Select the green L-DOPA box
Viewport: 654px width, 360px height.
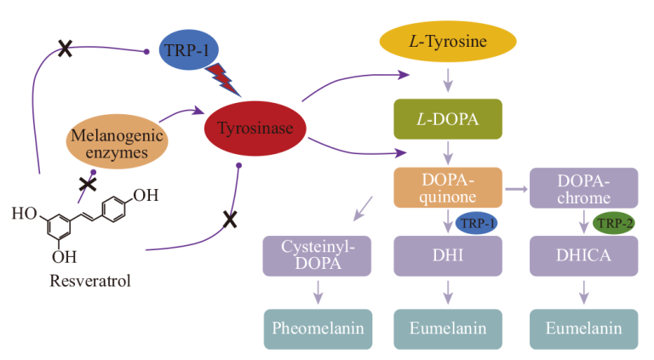point(447,119)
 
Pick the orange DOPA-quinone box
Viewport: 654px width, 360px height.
point(447,187)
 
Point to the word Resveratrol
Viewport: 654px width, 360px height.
point(82,278)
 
